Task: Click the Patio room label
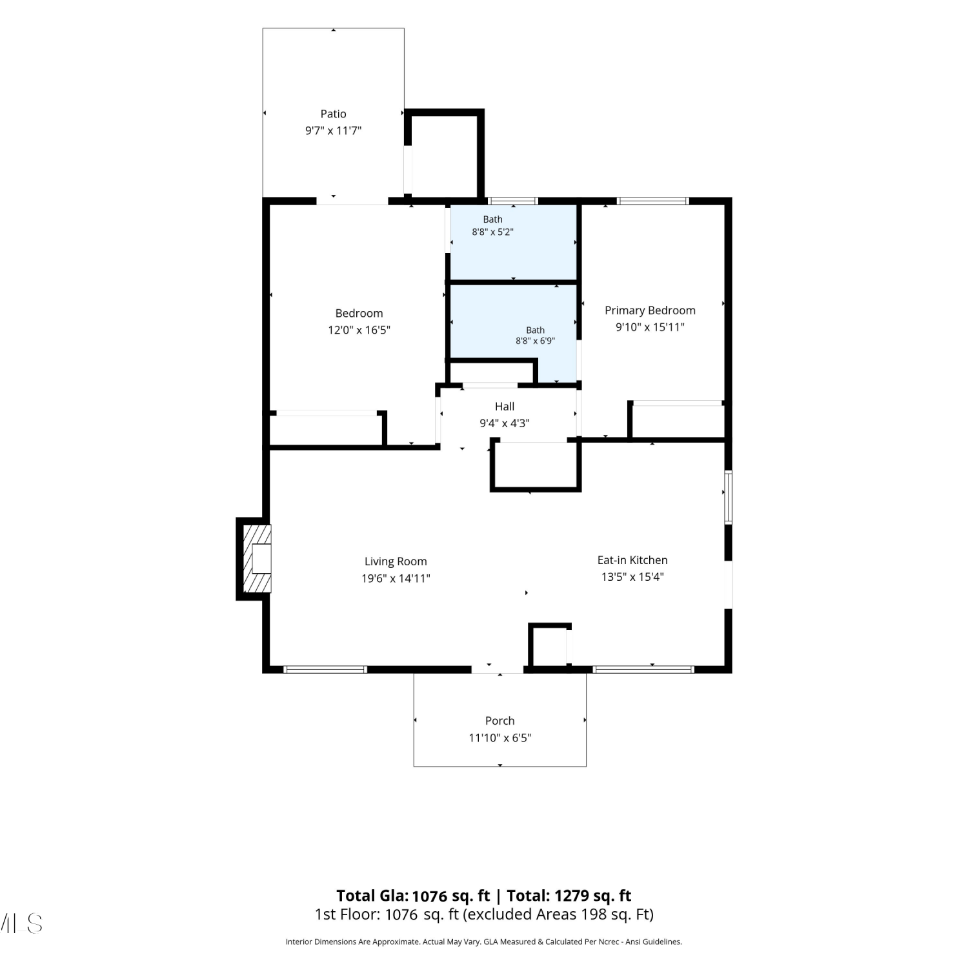[x=333, y=114]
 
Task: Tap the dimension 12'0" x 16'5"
[x=359, y=330]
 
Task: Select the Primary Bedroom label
[x=650, y=310]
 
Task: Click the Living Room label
[x=396, y=562]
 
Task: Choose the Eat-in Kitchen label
[x=632, y=560]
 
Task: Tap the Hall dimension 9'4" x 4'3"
[x=505, y=423]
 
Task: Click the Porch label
[x=500, y=721]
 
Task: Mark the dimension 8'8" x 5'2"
[x=492, y=232]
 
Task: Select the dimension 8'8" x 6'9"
[x=535, y=341]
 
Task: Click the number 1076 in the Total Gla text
[x=429, y=896]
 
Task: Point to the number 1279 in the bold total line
[x=572, y=896]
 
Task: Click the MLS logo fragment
[x=21, y=923]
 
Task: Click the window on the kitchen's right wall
[x=728, y=498]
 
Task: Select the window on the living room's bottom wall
[x=325, y=669]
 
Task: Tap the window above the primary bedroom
[x=653, y=201]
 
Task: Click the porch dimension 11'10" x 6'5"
[x=500, y=738]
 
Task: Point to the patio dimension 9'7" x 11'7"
[x=333, y=131]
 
